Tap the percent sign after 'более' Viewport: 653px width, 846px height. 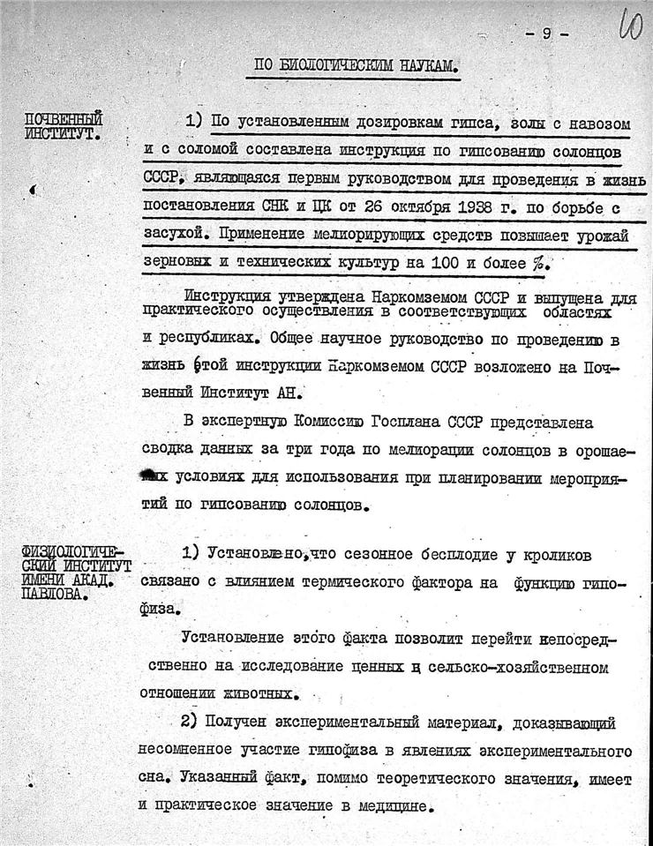tap(537, 262)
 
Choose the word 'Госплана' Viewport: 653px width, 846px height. tap(414, 423)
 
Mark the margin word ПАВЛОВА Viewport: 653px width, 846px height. tap(54, 593)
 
